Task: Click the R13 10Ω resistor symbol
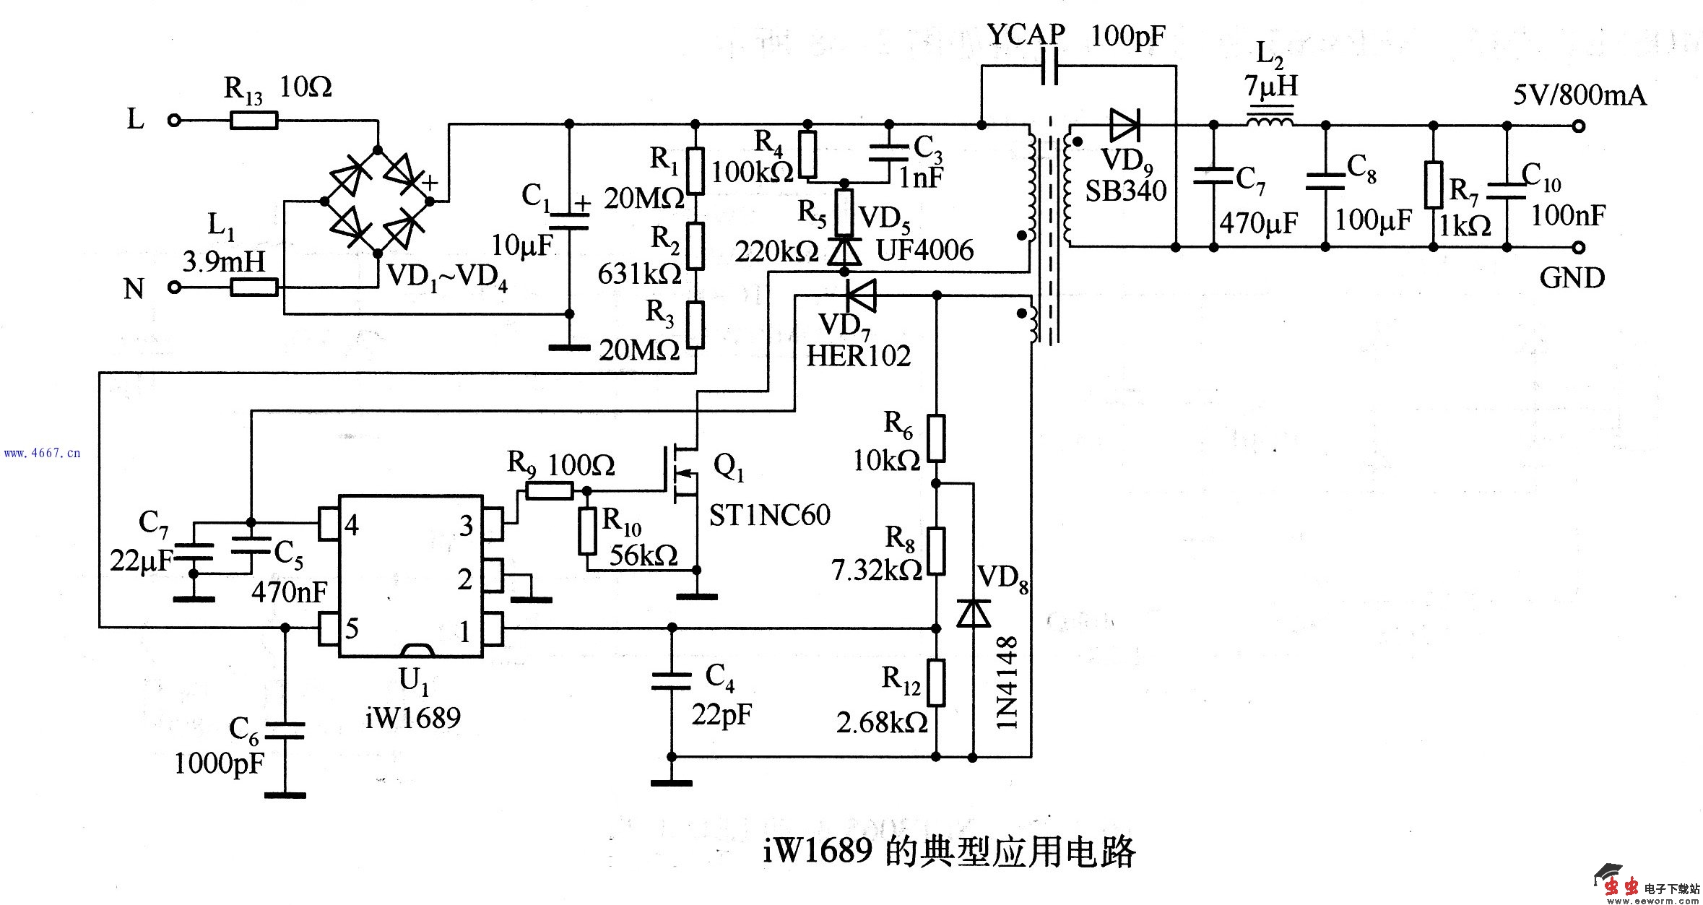click(x=253, y=121)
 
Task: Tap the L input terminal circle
click(x=173, y=121)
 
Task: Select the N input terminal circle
click(x=173, y=287)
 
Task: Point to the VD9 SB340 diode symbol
click(x=1124, y=126)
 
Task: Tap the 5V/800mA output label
click(x=1579, y=95)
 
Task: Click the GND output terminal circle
click(x=1579, y=247)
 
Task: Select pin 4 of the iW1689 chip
click(x=329, y=523)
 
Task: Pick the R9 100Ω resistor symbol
click(x=550, y=492)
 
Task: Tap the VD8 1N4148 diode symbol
click(x=972, y=612)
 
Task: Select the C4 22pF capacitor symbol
click(x=672, y=680)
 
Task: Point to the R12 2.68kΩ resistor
click(x=936, y=682)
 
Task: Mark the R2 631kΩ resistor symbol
click(x=695, y=246)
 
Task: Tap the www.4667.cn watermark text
click(x=42, y=454)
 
